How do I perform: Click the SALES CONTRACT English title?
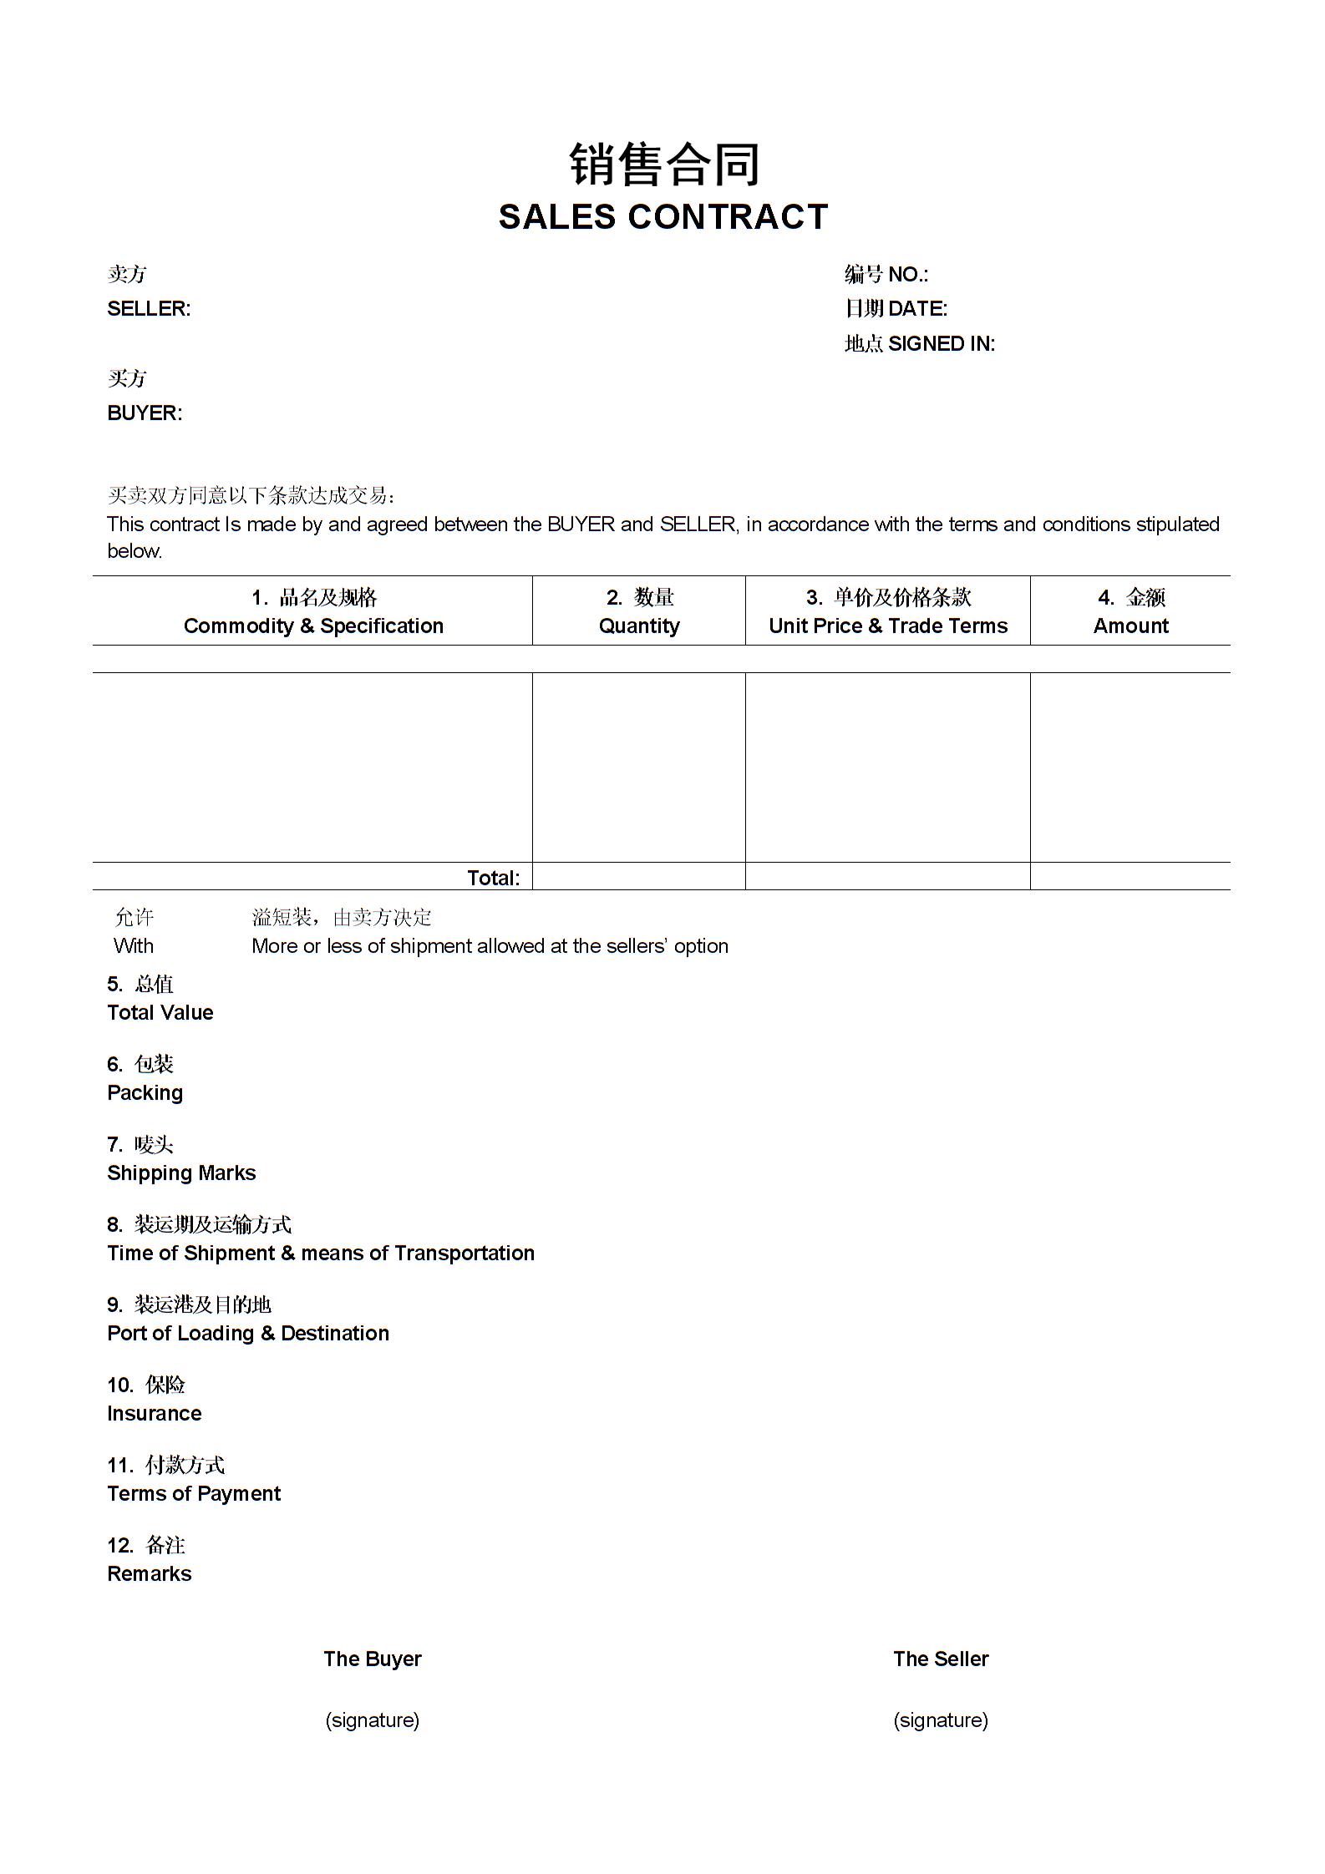(662, 217)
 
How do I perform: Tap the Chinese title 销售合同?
(664, 164)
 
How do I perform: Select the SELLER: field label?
(149, 309)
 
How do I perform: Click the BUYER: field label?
(145, 413)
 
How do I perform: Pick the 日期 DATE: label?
(896, 309)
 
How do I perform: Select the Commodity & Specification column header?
(313, 626)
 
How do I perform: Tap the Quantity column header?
(639, 626)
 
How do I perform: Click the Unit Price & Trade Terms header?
(888, 626)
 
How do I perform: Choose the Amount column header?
(1130, 626)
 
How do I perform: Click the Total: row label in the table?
(493, 878)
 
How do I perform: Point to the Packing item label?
(145, 1093)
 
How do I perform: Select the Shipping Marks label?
(181, 1173)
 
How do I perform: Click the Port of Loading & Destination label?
(248, 1334)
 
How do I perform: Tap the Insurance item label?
(155, 1414)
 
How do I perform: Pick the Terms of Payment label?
(194, 1494)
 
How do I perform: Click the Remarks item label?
(150, 1574)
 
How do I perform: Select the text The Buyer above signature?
(373, 1659)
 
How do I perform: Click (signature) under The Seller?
(941, 1720)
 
